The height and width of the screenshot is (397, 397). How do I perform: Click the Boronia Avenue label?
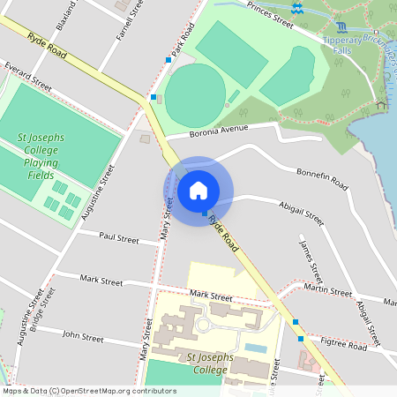pos(221,131)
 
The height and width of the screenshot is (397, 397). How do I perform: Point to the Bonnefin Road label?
pos(322,178)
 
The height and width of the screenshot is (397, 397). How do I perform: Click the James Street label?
pos(311,256)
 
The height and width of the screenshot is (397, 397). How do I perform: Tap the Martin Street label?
pos(327,288)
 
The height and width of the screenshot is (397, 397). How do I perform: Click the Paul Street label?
pos(119,238)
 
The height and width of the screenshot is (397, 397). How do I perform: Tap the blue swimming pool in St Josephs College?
pos(255,348)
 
